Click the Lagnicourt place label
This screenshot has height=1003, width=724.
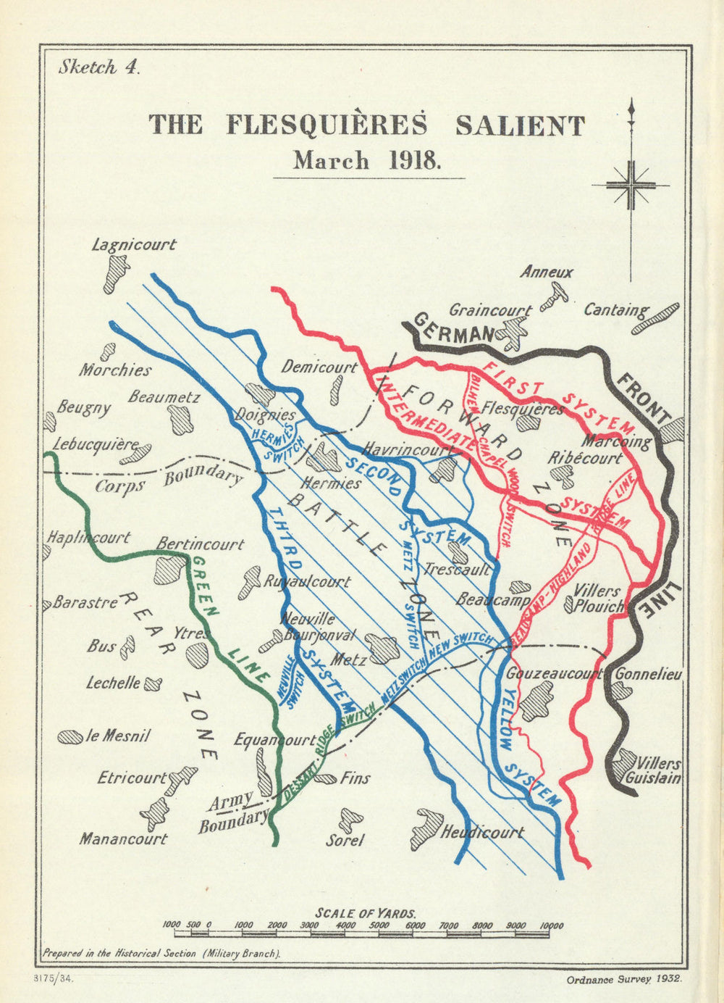[x=133, y=244]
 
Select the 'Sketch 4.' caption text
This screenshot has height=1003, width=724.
[x=98, y=67]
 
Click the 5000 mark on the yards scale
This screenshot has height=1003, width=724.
[x=379, y=925]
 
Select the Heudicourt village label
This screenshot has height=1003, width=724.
[x=482, y=832]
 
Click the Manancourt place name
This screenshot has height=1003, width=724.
[x=123, y=838]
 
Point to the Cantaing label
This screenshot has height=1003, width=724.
[x=616, y=310]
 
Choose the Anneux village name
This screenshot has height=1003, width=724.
[x=547, y=272]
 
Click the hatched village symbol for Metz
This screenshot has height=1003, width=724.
[x=381, y=646]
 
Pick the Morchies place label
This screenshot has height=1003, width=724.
[x=116, y=370]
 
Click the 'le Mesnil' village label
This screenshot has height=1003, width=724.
[x=117, y=736]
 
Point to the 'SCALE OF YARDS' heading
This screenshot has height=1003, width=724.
[x=366, y=913]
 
